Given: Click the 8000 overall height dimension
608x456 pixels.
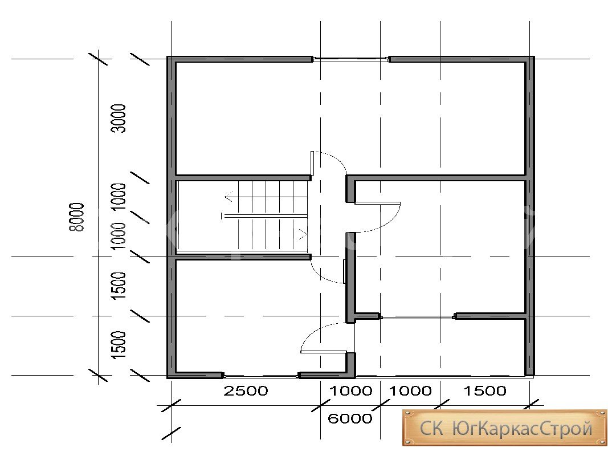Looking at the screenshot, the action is tap(76, 217).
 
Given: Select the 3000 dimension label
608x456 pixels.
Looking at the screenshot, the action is tap(119, 118).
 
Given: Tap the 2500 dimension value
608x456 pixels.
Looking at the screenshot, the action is tap(246, 390).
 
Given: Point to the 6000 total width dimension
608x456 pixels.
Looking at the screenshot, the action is tap(350, 418).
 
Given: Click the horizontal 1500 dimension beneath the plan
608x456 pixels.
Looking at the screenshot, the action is tap(485, 390).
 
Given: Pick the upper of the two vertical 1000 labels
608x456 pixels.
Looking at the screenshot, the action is tap(119, 197).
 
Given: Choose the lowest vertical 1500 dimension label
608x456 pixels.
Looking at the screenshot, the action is tap(119, 345).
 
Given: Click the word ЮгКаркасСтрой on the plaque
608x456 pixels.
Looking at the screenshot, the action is tap(523, 428).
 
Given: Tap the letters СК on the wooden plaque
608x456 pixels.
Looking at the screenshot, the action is tap(431, 429).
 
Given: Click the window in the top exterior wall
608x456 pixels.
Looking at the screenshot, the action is tap(351, 59).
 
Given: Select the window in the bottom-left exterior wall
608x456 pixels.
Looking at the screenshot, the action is tap(262, 376).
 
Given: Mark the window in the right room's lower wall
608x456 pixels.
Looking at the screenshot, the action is tap(417, 317).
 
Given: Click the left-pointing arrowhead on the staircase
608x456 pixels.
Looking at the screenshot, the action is tap(228, 197).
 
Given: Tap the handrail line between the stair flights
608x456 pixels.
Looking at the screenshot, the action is tap(264, 215).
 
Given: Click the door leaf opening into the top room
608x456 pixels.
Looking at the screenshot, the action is tap(312, 163).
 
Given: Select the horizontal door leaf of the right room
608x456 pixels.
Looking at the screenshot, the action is tap(377, 202).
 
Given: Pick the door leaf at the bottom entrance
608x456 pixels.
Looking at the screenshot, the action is tap(324, 352).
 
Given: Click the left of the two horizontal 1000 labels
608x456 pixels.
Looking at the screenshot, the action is tap(350, 390).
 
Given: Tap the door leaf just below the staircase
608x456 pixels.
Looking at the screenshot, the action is tap(344, 271).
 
